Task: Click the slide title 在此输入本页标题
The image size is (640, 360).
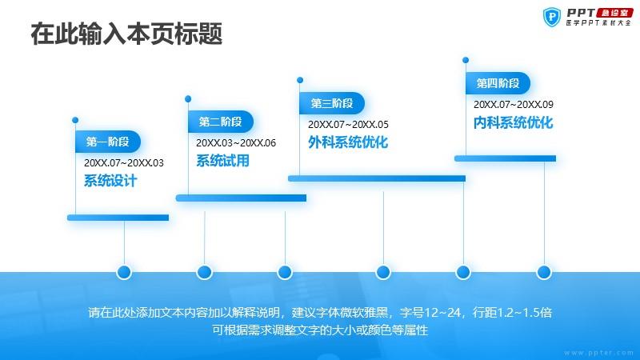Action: [126, 34]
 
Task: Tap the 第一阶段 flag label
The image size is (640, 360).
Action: [108, 142]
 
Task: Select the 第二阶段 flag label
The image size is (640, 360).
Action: [221, 122]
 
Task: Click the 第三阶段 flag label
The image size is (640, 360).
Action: [332, 103]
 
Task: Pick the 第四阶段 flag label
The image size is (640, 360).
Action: [498, 83]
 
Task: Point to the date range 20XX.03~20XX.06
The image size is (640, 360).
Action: [236, 143]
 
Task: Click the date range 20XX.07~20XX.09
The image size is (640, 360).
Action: [514, 105]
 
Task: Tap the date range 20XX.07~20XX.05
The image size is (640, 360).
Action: [348, 125]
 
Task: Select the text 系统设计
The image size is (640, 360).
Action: [110, 181]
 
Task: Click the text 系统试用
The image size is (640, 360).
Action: [223, 161]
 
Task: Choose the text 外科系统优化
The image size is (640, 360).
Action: [348, 142]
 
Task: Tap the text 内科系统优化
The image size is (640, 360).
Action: [514, 122]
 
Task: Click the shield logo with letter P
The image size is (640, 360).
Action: [552, 18]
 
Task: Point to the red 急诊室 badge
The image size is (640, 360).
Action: [614, 13]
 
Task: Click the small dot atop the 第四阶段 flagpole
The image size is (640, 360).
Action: [466, 60]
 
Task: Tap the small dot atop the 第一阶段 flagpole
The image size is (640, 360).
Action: [75, 120]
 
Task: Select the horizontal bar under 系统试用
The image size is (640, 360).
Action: [242, 198]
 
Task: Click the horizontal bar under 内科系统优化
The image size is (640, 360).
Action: [506, 158]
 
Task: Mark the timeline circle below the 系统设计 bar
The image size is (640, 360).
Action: [124, 272]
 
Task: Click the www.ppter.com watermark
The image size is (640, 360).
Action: [598, 353]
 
